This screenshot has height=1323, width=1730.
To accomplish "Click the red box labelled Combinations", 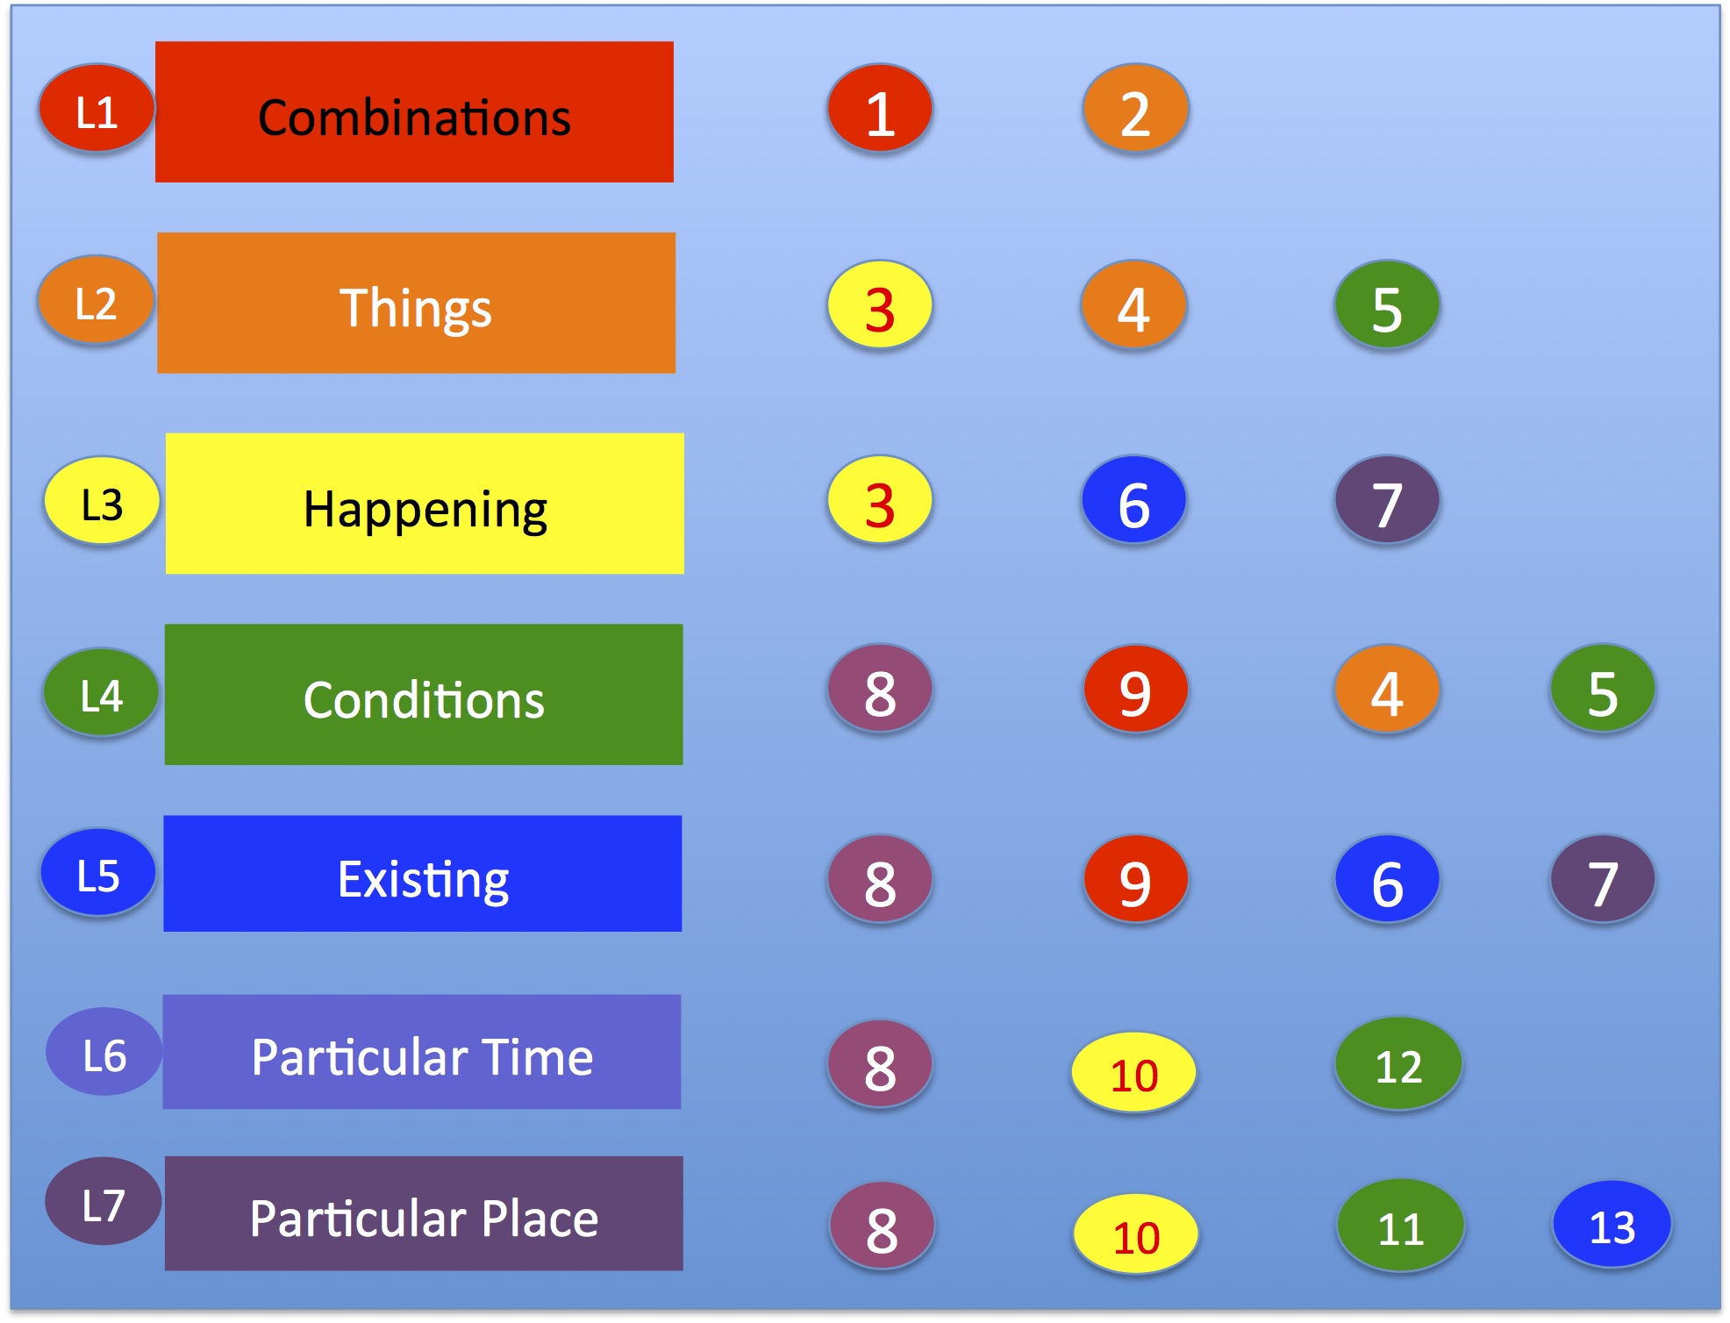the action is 414,111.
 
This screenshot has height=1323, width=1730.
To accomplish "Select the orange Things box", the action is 416,303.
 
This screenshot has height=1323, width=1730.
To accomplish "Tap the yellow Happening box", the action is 425,504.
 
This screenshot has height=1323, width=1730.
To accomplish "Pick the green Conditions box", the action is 424,694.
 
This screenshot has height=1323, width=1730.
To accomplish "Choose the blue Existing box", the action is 422,873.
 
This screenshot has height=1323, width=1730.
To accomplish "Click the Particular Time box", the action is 421,1051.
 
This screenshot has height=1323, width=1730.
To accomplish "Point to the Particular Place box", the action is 424,1213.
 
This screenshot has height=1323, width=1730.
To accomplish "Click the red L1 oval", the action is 97,107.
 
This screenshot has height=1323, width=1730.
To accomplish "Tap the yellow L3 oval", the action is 102,500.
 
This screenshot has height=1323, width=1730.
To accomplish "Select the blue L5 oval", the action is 98,872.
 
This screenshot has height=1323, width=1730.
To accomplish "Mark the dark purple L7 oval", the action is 104,1201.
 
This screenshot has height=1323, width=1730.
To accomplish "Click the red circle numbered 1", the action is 880,107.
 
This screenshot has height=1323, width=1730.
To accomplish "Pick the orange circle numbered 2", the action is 1135,107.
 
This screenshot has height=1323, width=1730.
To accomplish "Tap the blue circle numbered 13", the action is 1612,1225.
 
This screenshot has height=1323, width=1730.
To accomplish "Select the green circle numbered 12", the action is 1398,1063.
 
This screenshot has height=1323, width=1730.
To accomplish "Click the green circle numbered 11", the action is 1400,1226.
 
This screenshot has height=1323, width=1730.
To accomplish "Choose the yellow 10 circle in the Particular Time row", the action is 1133,1072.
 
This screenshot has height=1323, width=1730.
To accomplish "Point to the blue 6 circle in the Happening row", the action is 1133,499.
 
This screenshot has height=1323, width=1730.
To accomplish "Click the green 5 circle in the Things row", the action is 1387,304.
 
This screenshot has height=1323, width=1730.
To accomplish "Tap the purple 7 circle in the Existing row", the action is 1603,879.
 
